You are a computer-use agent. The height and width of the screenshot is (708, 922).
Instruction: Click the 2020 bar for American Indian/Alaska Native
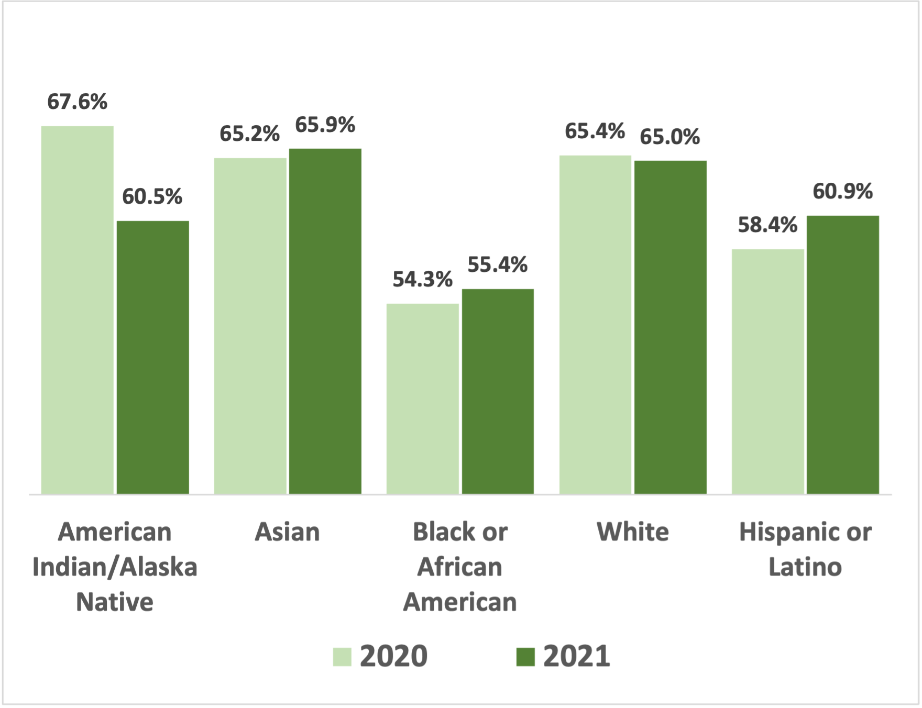[x=77, y=310]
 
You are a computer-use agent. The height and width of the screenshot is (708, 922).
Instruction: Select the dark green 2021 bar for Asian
[x=325, y=321]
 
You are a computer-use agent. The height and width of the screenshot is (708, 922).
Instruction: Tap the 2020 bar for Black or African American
[x=422, y=399]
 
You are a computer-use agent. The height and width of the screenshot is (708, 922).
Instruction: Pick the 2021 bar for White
[x=670, y=327]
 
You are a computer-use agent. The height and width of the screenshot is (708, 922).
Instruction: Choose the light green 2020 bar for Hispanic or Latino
[x=767, y=371]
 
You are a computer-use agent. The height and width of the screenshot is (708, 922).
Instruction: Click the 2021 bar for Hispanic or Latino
[x=842, y=355]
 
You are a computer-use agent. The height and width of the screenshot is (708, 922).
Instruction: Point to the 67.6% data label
[x=77, y=102]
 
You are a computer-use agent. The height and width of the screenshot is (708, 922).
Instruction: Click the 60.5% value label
[x=152, y=197]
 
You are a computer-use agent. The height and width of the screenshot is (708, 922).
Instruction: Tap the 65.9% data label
[x=325, y=125]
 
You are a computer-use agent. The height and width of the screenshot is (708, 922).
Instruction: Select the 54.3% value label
[x=422, y=280]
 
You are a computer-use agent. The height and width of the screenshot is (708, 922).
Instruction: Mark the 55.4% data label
[x=497, y=265]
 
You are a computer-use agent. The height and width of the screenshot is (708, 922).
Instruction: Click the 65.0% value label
[x=670, y=137]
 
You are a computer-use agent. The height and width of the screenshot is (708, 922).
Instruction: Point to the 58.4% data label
[x=767, y=225]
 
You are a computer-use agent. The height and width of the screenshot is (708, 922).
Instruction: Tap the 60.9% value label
[x=842, y=192]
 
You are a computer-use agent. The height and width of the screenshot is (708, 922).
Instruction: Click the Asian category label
[x=287, y=533]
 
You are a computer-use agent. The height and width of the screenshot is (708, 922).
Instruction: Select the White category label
[x=633, y=533]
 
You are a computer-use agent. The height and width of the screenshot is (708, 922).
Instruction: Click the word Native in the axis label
[x=115, y=602]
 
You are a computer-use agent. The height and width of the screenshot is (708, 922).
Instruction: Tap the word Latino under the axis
[x=805, y=567]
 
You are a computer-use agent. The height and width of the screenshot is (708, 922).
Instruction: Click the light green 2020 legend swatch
[x=342, y=657]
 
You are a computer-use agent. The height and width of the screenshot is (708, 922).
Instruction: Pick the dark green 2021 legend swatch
[x=525, y=657]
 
